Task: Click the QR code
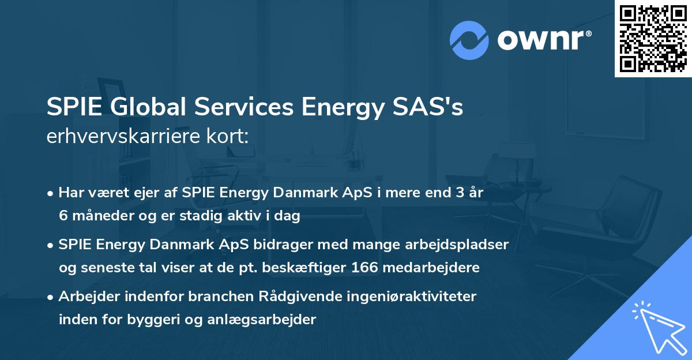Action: pyautogui.click(x=653, y=39)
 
